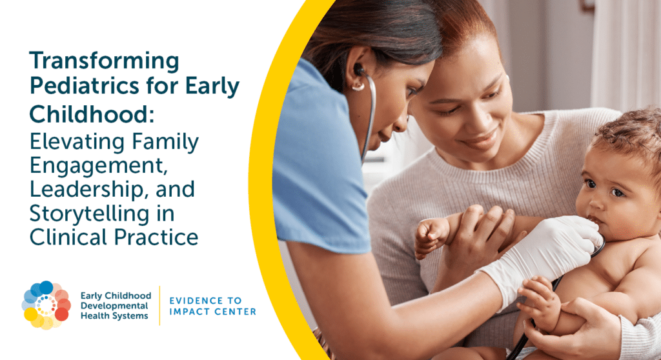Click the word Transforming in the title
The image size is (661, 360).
click(x=104, y=61)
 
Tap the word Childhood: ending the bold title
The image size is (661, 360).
click(x=92, y=114)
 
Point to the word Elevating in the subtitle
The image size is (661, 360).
click(x=77, y=142)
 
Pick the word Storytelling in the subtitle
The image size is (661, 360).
click(x=89, y=214)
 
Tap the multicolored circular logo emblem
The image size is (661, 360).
click(x=46, y=305)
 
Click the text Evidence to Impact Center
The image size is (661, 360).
click(x=212, y=306)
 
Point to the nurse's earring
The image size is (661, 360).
click(x=358, y=86)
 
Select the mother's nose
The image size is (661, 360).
click(x=476, y=119)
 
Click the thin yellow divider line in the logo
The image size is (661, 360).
click(x=160, y=306)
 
